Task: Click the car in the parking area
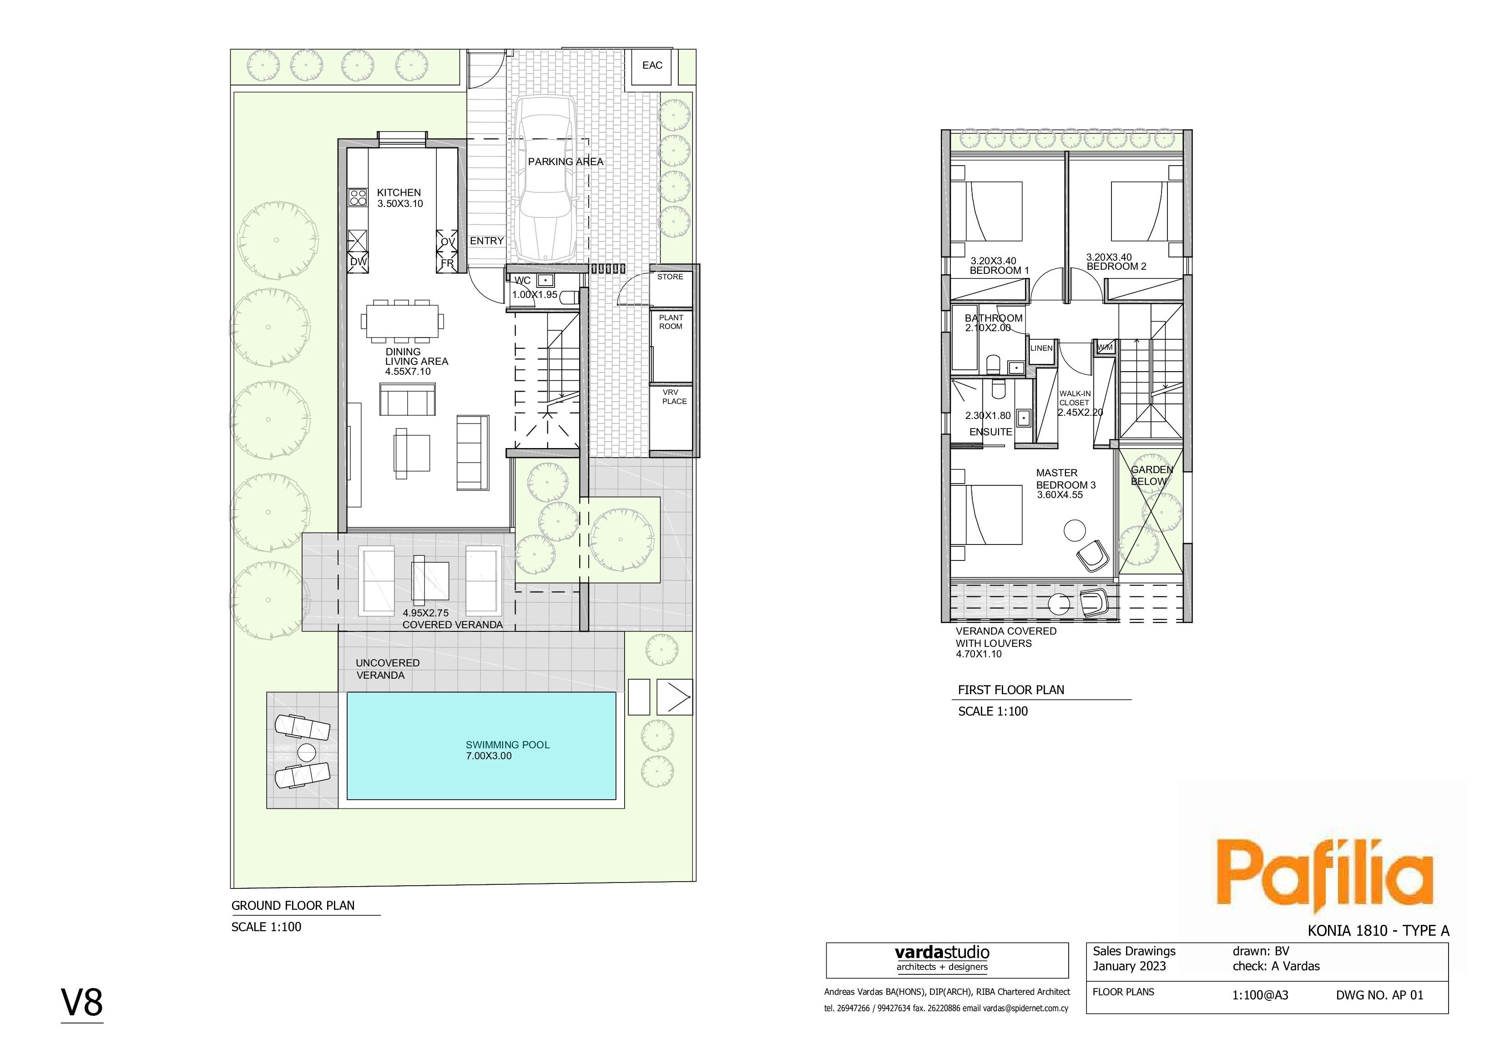pyautogui.click(x=546, y=180)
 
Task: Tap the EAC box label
pyautogui.click(x=652, y=66)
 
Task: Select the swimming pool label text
pyautogui.click(x=507, y=750)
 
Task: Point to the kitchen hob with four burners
pyautogui.click(x=357, y=197)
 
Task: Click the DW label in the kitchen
pyautogui.click(x=359, y=262)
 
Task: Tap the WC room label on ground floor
pyautogui.click(x=522, y=281)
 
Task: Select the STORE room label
pyautogui.click(x=670, y=277)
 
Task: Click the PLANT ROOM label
pyautogui.click(x=671, y=322)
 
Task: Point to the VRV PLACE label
pyautogui.click(x=674, y=397)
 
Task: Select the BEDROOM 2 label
pyautogui.click(x=1116, y=266)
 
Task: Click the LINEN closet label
pyautogui.click(x=1041, y=348)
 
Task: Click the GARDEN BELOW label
pyautogui.click(x=1151, y=475)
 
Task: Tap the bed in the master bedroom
pyautogui.click(x=986, y=514)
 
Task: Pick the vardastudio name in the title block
pyautogui.click(x=942, y=953)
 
